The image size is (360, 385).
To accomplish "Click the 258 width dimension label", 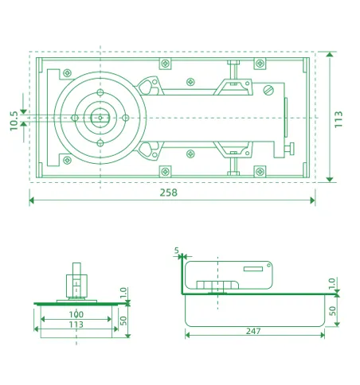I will point(168,192).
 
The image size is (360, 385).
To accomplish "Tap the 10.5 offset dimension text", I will point(14,121).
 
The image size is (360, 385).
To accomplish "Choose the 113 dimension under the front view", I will point(76,325).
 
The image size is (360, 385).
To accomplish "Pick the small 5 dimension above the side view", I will point(176,251).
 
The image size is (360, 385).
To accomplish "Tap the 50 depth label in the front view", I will point(123,320).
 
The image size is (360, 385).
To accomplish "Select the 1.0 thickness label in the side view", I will point(333,284).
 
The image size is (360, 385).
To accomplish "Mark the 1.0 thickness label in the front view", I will point(123,294).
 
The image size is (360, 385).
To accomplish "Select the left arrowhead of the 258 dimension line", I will point(33,200).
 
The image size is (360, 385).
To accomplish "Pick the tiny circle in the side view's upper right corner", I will point(270,266).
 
